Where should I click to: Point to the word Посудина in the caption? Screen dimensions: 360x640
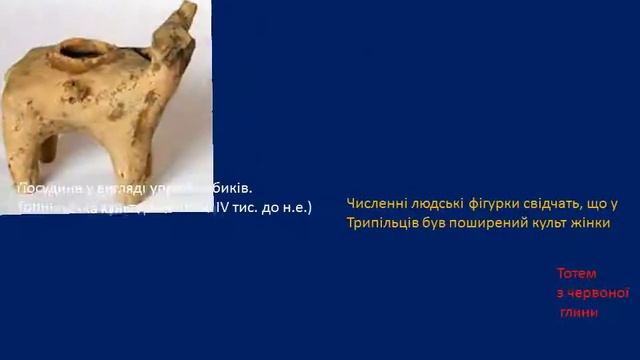(x=46, y=189)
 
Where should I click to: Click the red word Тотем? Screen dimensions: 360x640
(x=576, y=273)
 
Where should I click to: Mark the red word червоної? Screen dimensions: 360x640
(x=600, y=292)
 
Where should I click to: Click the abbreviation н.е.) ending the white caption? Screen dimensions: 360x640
(x=295, y=208)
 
